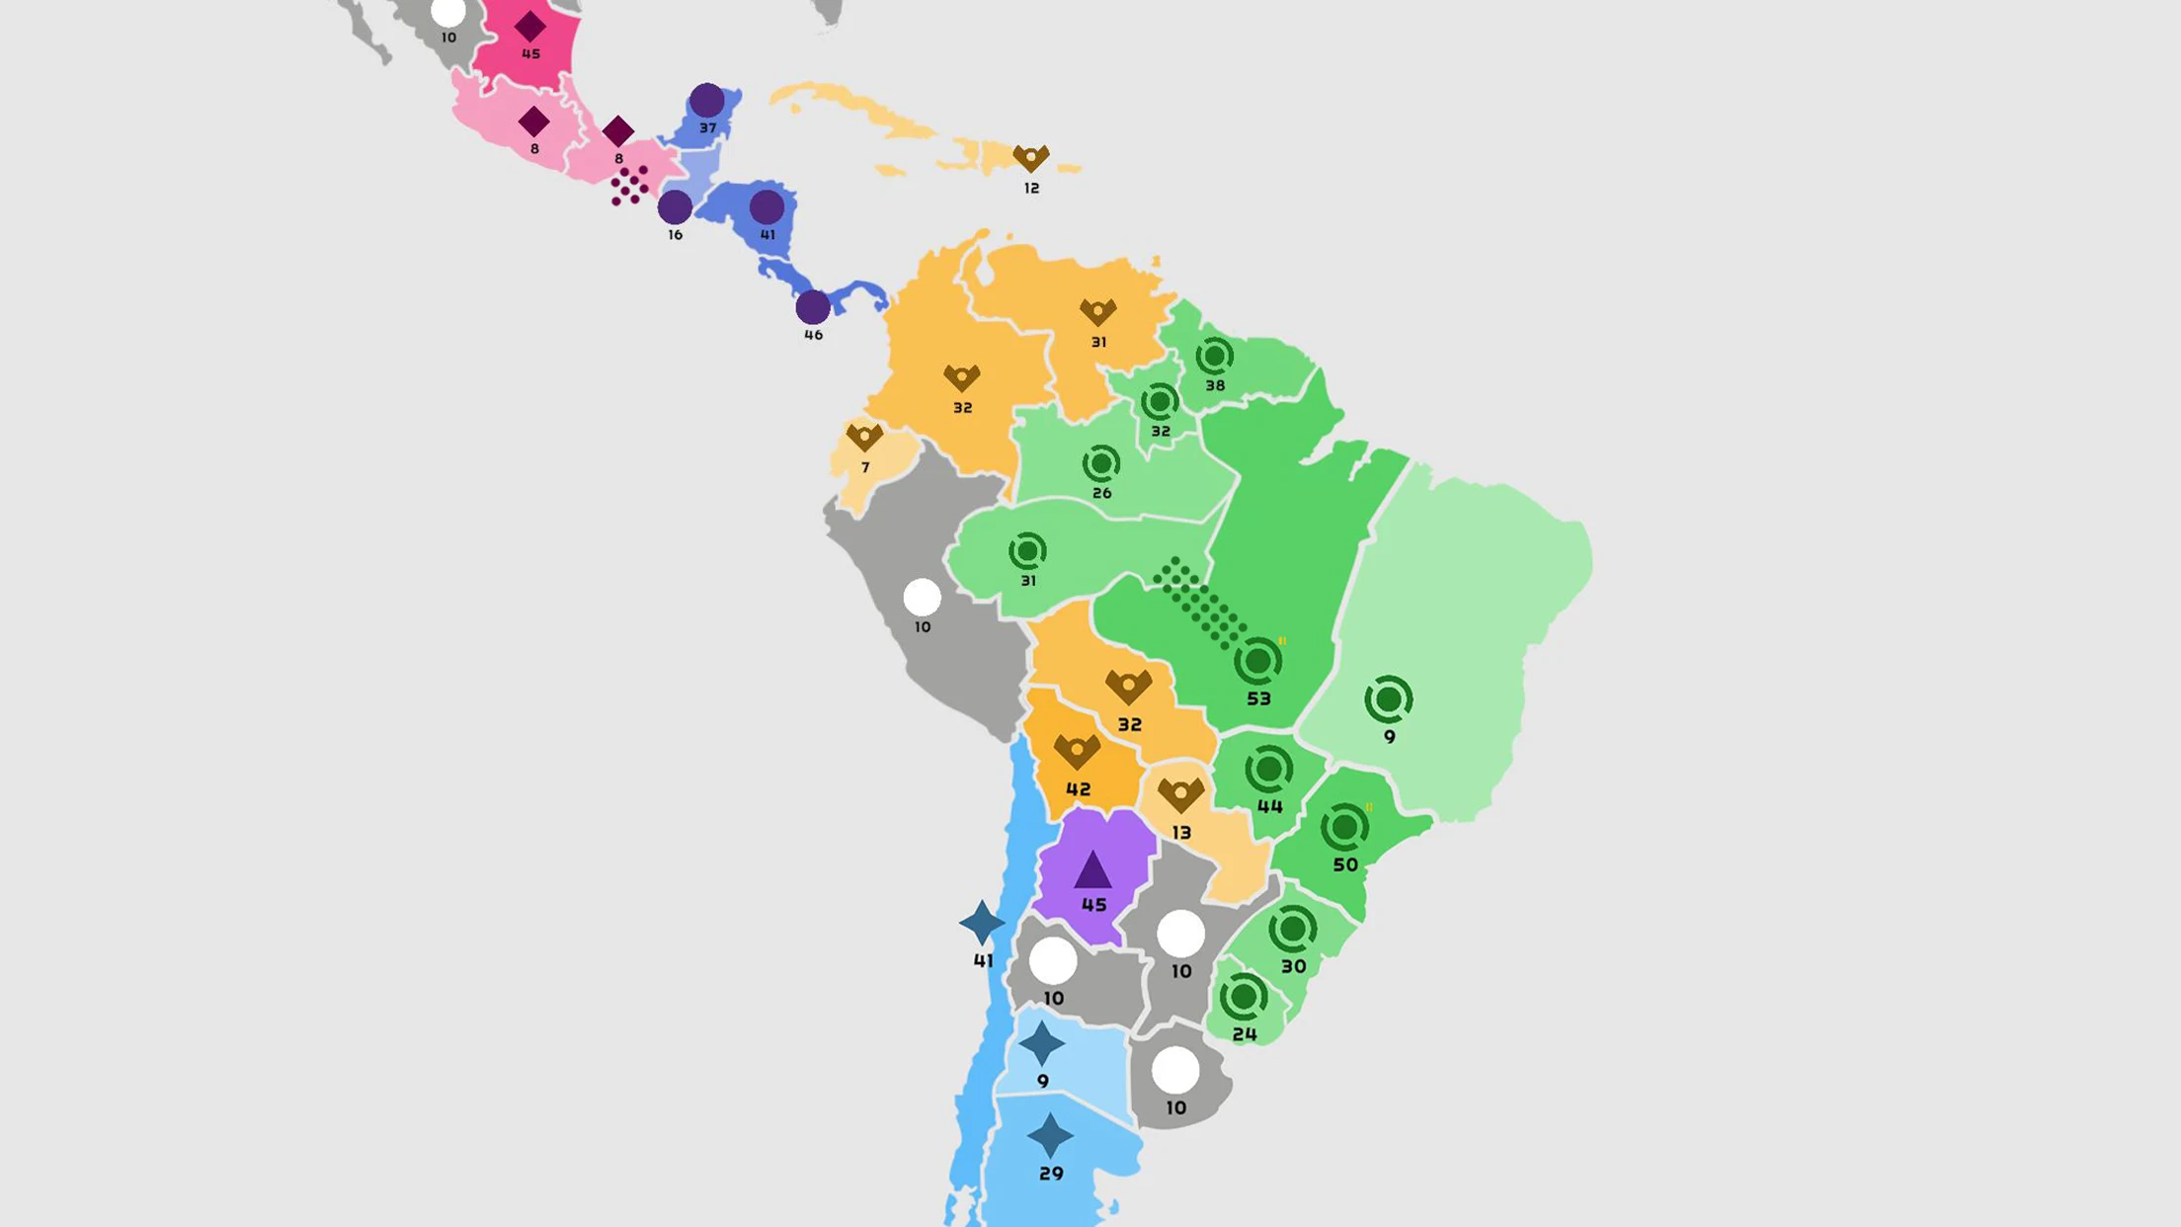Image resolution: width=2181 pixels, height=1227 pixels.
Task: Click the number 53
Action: point(1258,698)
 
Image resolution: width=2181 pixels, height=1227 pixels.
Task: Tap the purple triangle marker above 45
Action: point(1092,870)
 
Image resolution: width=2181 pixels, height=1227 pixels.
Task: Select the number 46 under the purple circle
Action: point(813,335)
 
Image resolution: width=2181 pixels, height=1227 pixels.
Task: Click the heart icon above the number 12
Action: point(1031,158)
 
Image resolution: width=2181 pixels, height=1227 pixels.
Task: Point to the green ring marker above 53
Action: point(1258,661)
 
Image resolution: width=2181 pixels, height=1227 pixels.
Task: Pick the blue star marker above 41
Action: point(982,923)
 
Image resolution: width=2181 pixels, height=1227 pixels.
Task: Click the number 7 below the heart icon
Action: point(865,467)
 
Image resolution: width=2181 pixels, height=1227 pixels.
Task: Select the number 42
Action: point(1078,789)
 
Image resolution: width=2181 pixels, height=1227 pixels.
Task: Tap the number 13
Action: point(1181,833)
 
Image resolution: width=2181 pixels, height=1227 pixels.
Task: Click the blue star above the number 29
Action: point(1050,1136)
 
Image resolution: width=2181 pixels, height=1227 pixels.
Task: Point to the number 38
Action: point(1215,385)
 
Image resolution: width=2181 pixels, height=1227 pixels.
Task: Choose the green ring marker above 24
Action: point(1244,997)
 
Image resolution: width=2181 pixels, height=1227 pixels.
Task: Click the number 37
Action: point(707,127)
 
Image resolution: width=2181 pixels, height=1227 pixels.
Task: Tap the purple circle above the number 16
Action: point(675,206)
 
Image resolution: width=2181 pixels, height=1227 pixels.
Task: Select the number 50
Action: point(1345,864)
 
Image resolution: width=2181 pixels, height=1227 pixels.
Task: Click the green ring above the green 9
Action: point(1389,699)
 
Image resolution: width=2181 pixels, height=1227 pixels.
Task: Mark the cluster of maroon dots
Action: point(629,185)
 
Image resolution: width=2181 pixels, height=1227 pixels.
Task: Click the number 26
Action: point(1101,493)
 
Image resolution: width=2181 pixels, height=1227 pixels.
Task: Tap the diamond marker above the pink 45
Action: point(530,27)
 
